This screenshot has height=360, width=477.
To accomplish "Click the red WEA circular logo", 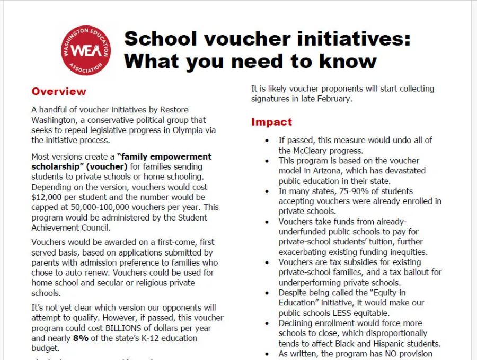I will point(86,50).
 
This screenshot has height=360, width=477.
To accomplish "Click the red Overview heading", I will point(58,91).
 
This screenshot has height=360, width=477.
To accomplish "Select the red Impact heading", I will point(271,122).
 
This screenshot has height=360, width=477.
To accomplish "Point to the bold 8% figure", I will point(81,338).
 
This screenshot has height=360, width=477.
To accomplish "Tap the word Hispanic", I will point(387,343).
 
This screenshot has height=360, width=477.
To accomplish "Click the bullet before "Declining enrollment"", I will point(267,323).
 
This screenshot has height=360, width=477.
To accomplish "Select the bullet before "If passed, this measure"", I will point(267,141).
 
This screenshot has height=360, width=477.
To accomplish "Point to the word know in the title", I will point(348,61).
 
